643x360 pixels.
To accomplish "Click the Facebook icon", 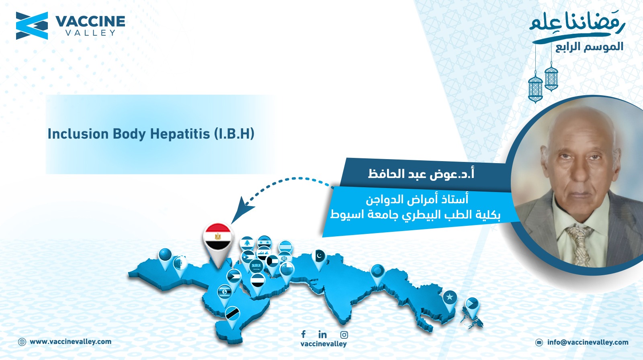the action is coord(303,334).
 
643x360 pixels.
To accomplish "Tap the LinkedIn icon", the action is coord(323,334).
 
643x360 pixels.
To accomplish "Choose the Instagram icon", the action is coord(344,335).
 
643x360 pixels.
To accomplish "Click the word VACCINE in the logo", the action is coord(90,21).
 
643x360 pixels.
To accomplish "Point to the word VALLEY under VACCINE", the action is coord(90,33).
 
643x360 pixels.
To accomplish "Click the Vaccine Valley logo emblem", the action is coord(32,26).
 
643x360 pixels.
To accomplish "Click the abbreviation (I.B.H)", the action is coord(234,134).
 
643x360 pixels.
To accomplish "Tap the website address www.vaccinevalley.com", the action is coord(71,342).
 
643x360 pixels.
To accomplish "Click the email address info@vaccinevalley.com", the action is coord(588,342).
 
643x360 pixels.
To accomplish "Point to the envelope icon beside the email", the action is coord(539,342).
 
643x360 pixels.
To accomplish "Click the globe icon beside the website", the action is coord(22,342).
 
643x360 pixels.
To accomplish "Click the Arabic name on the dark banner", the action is coord(421,174).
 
